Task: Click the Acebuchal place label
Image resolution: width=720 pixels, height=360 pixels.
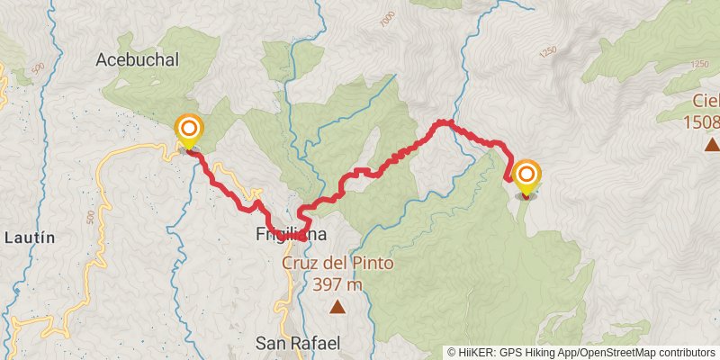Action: point(138,60)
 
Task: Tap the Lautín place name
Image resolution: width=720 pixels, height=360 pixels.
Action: point(30,238)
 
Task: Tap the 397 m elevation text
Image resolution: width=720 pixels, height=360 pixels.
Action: point(337,285)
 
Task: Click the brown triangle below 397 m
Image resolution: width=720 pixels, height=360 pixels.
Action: point(337,308)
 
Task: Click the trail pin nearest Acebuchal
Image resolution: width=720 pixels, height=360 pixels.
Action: point(189,131)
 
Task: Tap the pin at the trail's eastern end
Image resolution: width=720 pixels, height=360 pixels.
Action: point(526,176)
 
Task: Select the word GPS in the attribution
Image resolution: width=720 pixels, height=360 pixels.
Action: point(510,353)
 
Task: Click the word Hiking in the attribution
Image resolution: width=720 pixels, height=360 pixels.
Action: point(543,353)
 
